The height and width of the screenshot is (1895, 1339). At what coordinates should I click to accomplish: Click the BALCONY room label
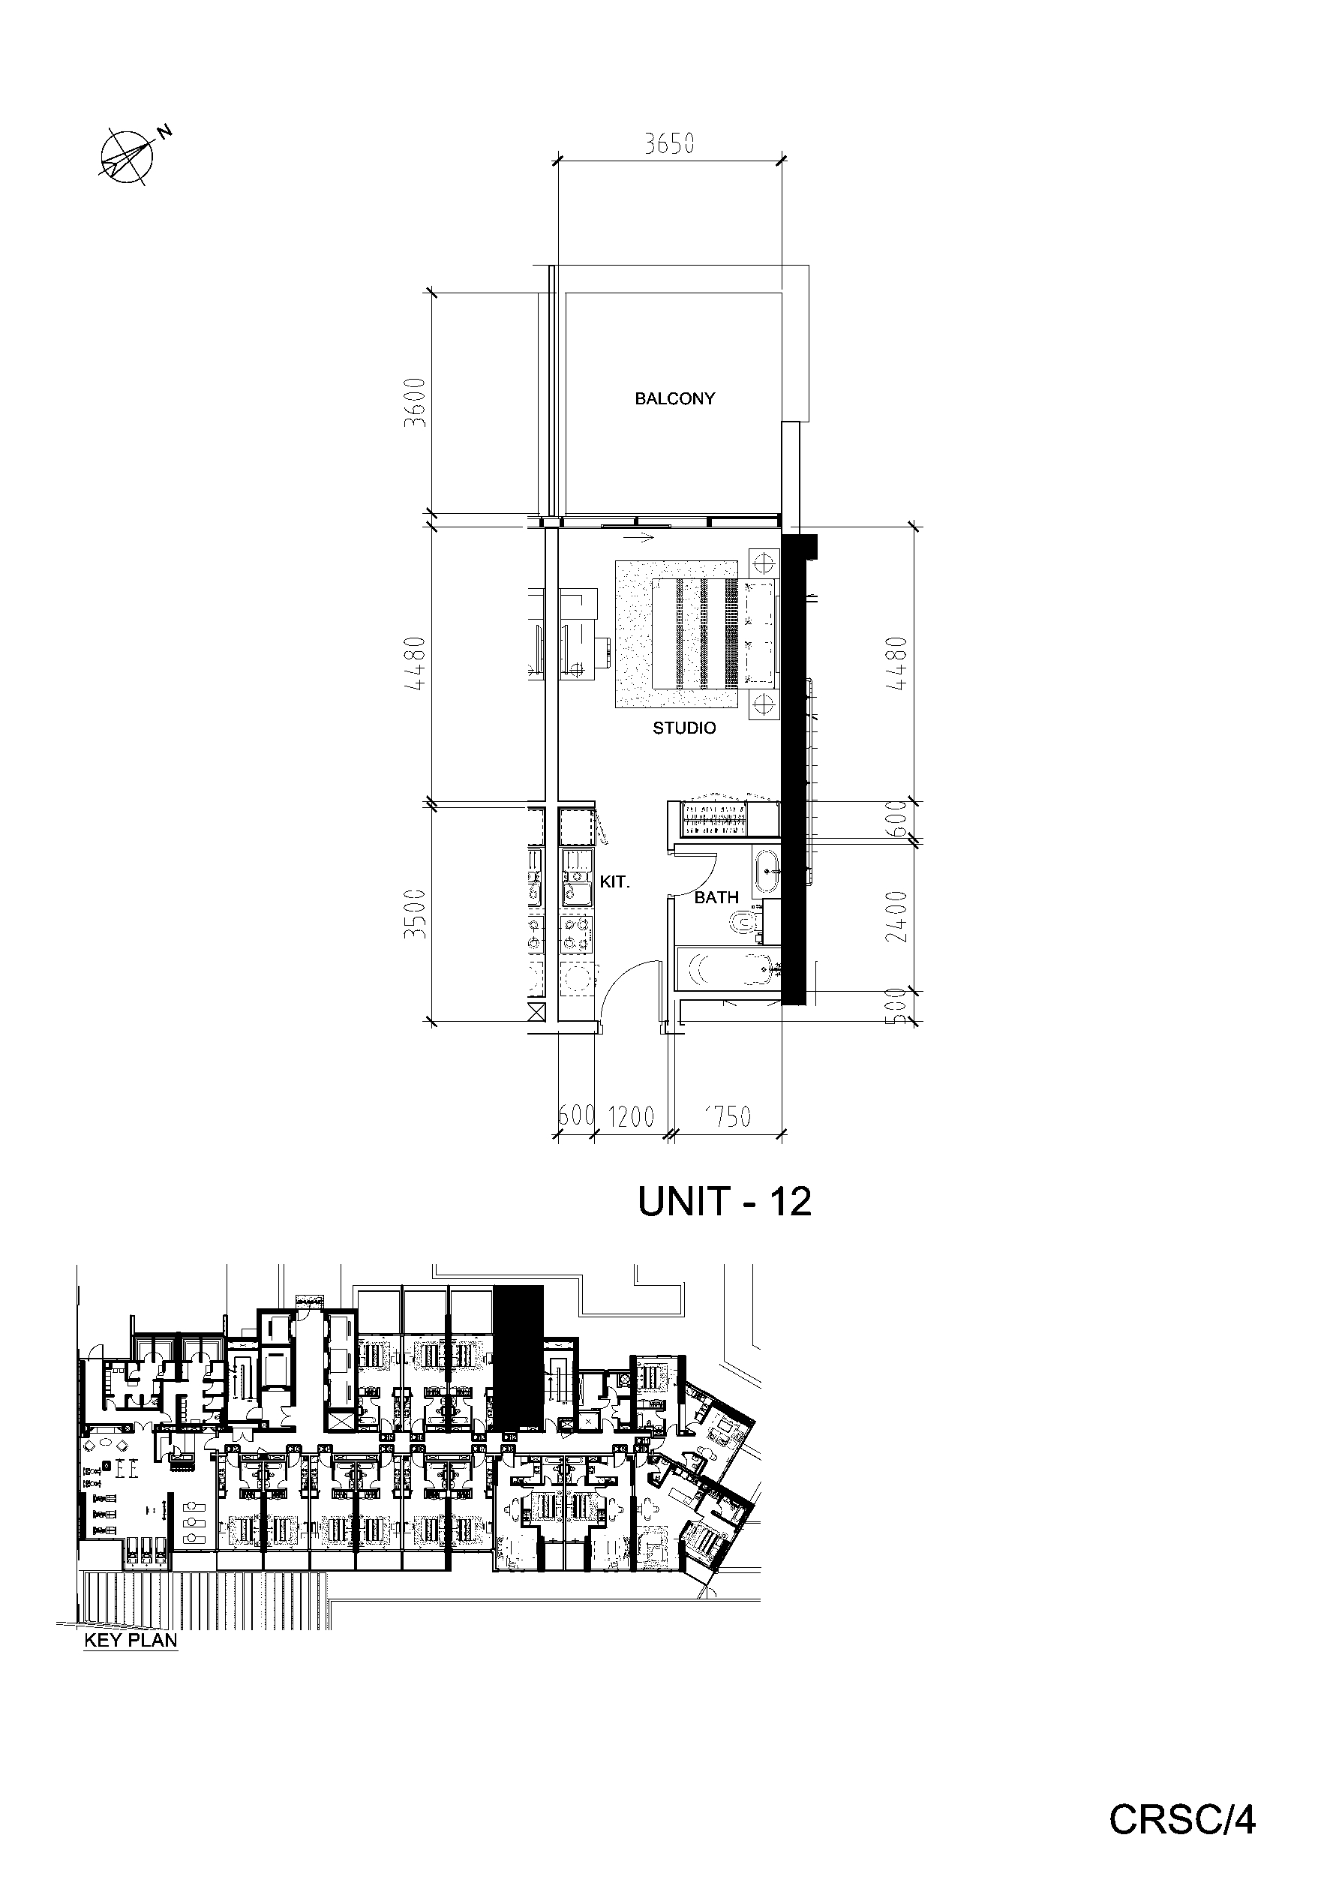[x=674, y=398]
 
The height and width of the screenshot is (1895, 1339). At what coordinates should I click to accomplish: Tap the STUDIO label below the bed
[x=684, y=728]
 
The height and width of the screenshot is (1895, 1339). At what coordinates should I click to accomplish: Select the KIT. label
[x=614, y=881]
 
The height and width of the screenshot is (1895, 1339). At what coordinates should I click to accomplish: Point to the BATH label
[x=716, y=897]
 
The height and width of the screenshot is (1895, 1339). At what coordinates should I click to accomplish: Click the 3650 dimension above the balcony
[x=669, y=145]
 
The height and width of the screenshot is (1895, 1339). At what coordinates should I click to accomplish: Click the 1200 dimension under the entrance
[x=631, y=1117]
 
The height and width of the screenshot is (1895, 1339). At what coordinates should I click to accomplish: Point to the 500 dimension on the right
[x=900, y=1005]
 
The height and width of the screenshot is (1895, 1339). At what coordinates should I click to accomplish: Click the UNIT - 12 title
[x=725, y=1202]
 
